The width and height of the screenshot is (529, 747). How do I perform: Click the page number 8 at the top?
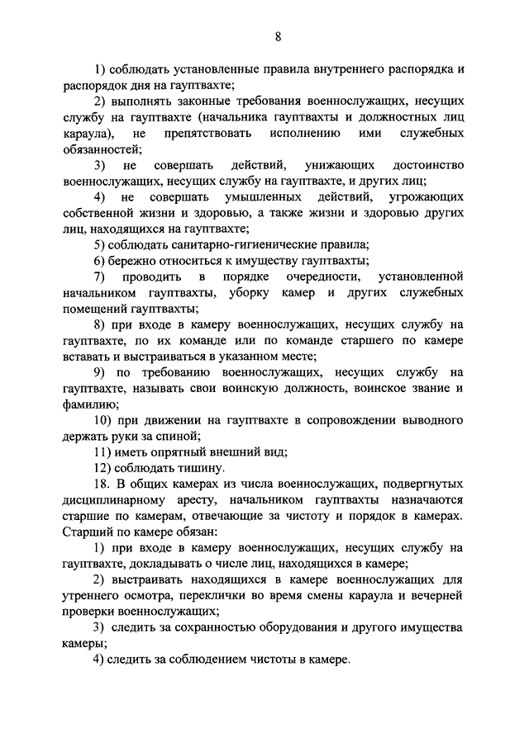click(x=278, y=36)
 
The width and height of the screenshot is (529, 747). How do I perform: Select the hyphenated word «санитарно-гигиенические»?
click(x=255, y=244)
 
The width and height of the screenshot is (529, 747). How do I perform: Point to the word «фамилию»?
click(x=90, y=404)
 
